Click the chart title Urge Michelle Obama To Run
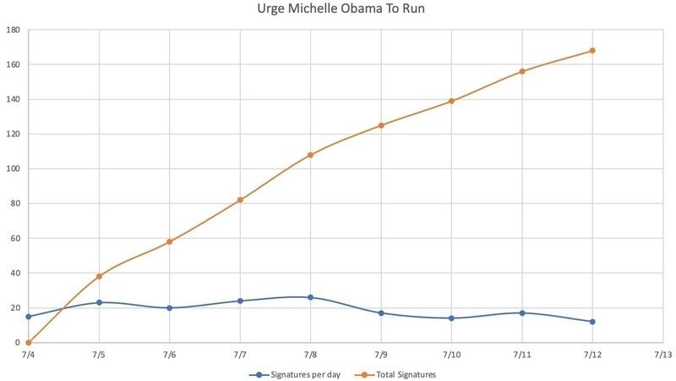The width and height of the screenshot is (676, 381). (338, 9)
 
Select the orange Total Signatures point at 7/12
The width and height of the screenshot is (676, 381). (592, 51)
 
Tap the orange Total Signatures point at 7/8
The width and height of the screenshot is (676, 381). (310, 155)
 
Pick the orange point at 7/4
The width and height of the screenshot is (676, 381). (29, 343)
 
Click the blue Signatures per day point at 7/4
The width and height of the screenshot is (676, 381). (29, 317)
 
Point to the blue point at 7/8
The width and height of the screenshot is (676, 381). (310, 297)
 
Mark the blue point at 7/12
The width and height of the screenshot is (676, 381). (592, 322)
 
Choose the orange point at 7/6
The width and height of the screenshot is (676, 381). (170, 242)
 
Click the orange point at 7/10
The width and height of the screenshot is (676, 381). (451, 101)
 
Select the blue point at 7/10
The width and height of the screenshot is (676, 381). (451, 318)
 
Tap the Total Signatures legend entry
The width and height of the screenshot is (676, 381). (401, 374)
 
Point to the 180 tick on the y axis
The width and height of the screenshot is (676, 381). (14, 30)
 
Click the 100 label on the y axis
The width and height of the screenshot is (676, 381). (14, 168)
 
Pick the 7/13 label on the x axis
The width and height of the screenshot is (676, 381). (662, 354)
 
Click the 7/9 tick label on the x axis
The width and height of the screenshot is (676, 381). (381, 354)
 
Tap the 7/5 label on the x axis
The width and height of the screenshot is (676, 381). (99, 354)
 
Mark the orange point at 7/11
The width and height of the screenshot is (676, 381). (522, 71)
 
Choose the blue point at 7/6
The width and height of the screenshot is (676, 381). (170, 308)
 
